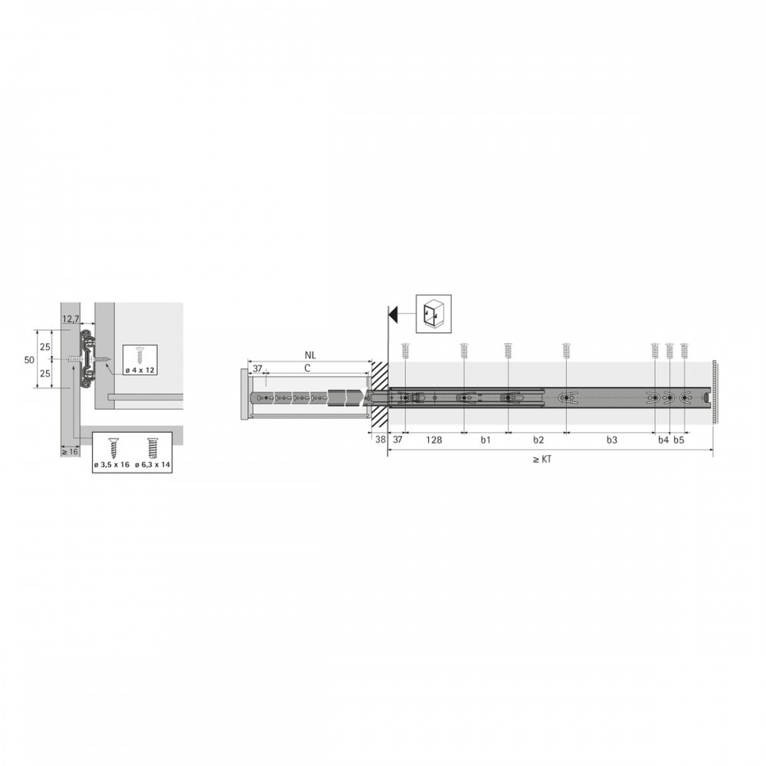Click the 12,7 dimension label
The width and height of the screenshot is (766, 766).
70,319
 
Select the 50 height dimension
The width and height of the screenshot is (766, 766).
29,359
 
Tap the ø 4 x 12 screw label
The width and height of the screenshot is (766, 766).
139,370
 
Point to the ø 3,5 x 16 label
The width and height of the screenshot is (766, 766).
112,465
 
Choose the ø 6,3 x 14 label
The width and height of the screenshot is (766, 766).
153,465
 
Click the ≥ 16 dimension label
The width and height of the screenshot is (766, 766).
70,452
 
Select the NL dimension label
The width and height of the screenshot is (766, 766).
310,355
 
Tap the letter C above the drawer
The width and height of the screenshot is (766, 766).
307,368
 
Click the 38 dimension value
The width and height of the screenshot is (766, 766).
381,440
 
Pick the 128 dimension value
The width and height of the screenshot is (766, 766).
434,440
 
